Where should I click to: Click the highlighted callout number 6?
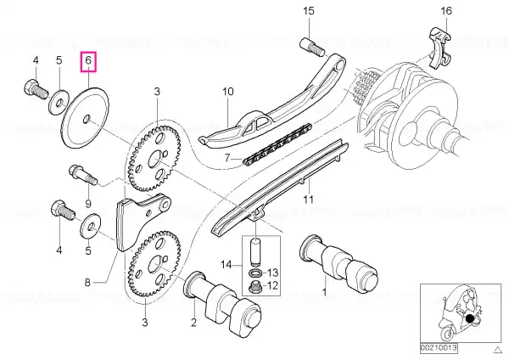[x=88, y=61]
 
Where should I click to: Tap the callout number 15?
[x=309, y=11]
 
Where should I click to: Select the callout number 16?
[x=446, y=11]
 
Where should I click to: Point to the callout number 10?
[x=228, y=92]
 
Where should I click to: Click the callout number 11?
[x=309, y=199]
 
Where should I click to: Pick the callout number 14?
[x=227, y=264]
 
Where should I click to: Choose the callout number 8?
[x=87, y=283]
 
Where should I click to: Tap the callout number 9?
[x=88, y=204]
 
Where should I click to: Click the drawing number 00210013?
[x=439, y=348]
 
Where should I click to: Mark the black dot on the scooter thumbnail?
[x=470, y=318]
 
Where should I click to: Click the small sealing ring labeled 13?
[x=255, y=272]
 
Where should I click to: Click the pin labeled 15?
[x=312, y=46]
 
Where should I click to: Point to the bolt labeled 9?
[x=83, y=175]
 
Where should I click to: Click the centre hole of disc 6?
[x=87, y=119]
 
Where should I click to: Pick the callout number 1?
[x=324, y=292]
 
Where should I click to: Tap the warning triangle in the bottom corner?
[x=497, y=350]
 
